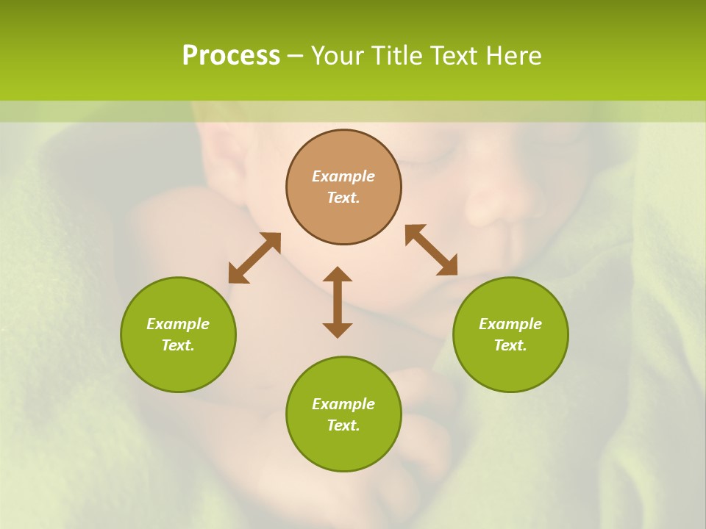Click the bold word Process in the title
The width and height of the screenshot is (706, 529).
231,56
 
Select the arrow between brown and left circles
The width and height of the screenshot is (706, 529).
254,258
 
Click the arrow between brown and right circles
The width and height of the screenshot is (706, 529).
431,250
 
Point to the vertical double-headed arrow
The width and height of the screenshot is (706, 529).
338,302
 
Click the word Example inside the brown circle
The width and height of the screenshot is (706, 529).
343,176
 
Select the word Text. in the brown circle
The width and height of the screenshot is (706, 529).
343,198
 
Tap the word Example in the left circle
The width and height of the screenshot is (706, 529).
178,324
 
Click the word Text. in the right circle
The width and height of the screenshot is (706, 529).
510,345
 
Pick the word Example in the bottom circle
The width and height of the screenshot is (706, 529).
343,404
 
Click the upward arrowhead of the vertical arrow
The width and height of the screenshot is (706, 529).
338,274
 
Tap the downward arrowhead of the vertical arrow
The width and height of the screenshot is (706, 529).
338,330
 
